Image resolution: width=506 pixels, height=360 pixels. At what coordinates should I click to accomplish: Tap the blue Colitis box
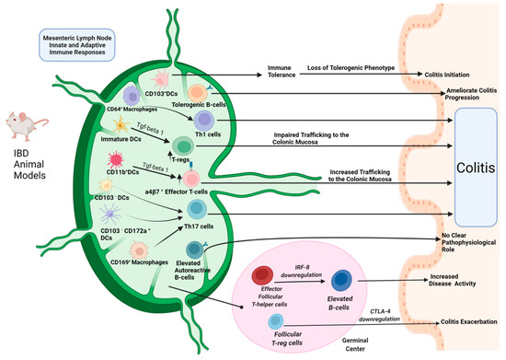tap(468, 168)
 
